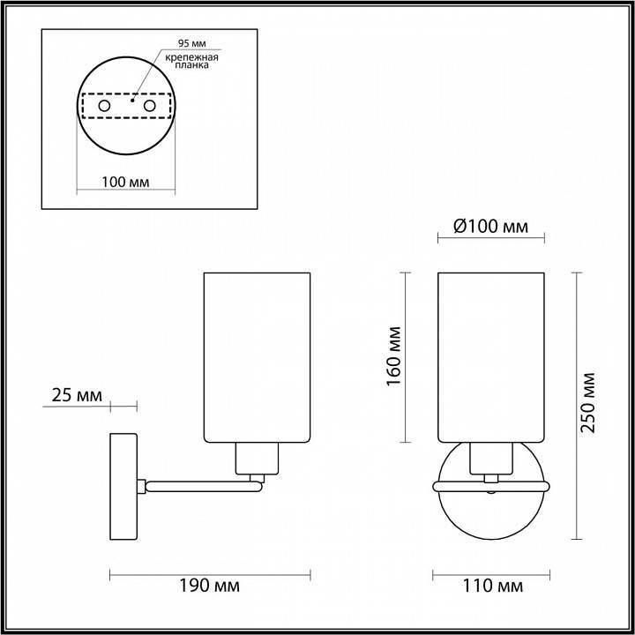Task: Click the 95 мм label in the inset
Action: (190, 43)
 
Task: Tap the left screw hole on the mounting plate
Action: (104, 106)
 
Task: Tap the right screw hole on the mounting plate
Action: (149, 106)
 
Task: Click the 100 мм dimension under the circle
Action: (125, 182)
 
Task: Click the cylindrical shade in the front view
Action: (491, 357)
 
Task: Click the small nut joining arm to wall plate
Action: (141, 483)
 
